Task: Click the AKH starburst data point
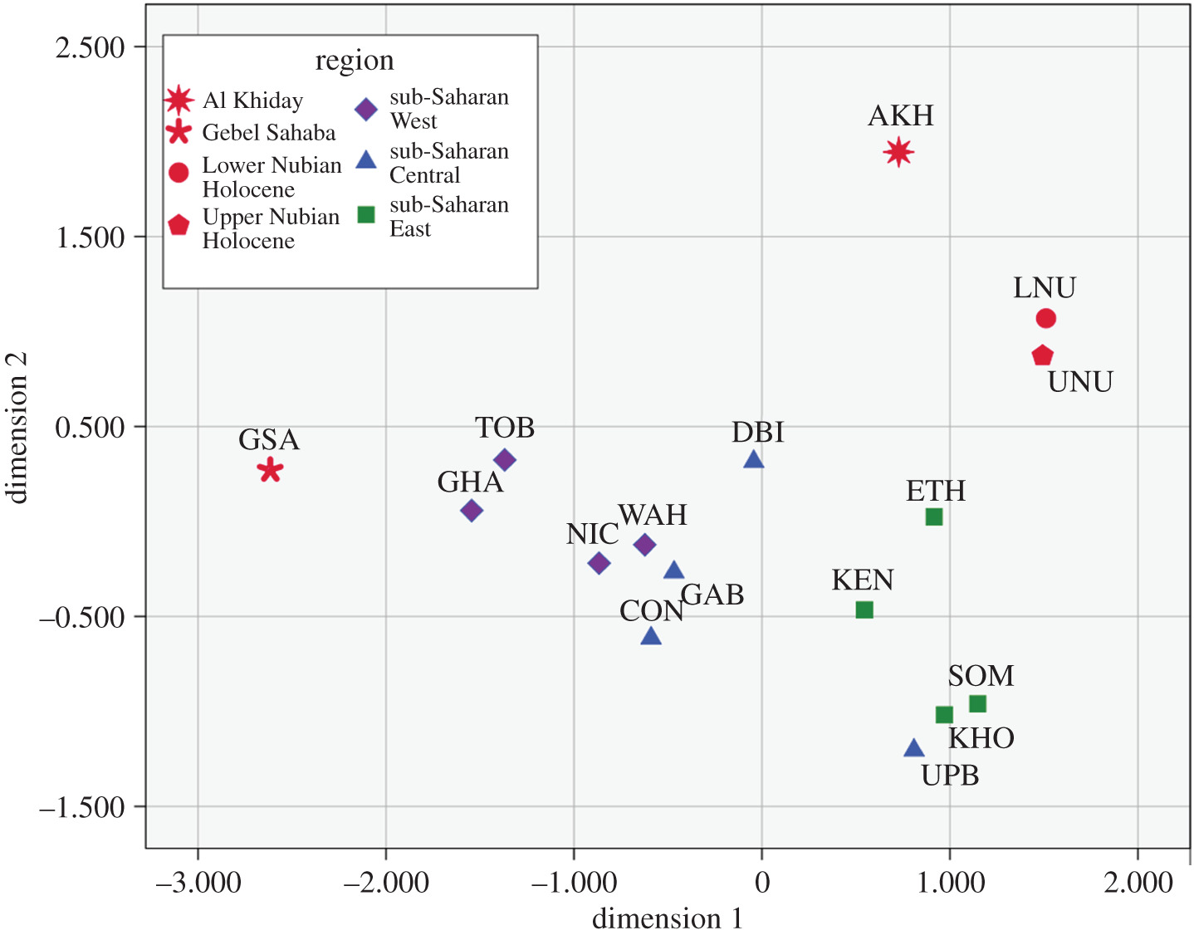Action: pyautogui.click(x=898, y=152)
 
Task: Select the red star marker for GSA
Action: pyautogui.click(x=269, y=470)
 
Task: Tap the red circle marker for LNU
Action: pyautogui.click(x=1045, y=318)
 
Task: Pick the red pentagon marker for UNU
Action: pyautogui.click(x=1042, y=355)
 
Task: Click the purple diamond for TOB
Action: pyautogui.click(x=505, y=459)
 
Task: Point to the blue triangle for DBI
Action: pyautogui.click(x=753, y=459)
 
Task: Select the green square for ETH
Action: pyautogui.click(x=933, y=516)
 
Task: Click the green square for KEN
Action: pyautogui.click(x=864, y=609)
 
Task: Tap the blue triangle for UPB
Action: pyautogui.click(x=913, y=749)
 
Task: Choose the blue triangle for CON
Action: pyautogui.click(x=651, y=637)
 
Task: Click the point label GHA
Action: pyautogui.click(x=470, y=482)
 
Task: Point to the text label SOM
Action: pyautogui.click(x=981, y=676)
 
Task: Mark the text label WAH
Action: pyautogui.click(x=653, y=515)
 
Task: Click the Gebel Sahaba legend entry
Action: pyautogui.click(x=268, y=133)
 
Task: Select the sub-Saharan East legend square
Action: pyautogui.click(x=366, y=215)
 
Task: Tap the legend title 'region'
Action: pyautogui.click(x=355, y=61)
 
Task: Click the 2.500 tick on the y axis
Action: pyautogui.click(x=90, y=47)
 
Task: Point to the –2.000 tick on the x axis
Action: pyautogui.click(x=385, y=882)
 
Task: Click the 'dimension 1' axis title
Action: pyautogui.click(x=667, y=918)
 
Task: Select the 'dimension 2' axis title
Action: pyautogui.click(x=17, y=428)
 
